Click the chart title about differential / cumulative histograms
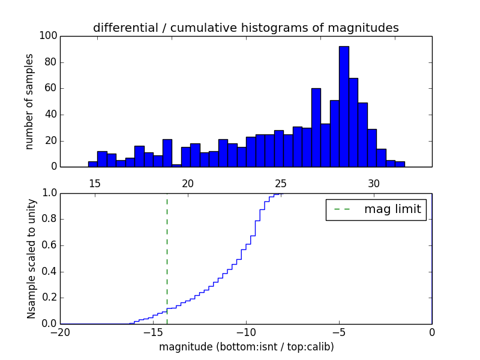(246, 28)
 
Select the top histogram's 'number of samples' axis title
(29, 101)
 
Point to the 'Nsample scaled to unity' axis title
(31, 259)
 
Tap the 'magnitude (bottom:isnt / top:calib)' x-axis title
(246, 347)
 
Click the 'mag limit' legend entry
(376, 209)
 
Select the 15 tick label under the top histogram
(94, 183)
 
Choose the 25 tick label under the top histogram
(280, 183)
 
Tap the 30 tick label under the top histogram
(373, 183)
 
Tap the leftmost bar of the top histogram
(92, 164)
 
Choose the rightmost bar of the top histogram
(400, 164)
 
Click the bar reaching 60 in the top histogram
(316, 128)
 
